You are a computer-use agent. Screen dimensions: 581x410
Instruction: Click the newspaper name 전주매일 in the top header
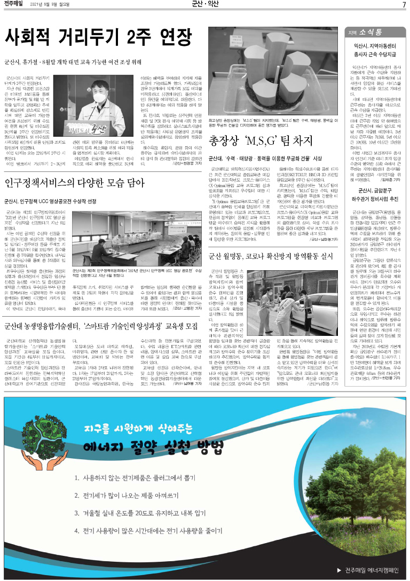pos(18,5)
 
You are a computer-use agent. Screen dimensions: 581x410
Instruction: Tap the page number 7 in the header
pos(404,5)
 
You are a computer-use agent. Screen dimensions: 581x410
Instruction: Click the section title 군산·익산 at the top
pos(205,5)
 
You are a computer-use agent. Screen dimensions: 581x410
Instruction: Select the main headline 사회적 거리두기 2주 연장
pos(98,37)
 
